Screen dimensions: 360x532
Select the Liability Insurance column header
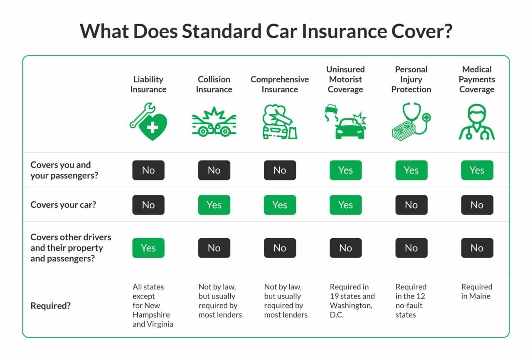(x=148, y=84)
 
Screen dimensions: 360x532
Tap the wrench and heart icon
(x=148, y=121)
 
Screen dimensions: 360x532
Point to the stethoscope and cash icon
(x=411, y=121)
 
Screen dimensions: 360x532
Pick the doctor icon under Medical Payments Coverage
(x=477, y=122)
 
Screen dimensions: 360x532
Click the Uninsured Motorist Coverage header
(x=345, y=79)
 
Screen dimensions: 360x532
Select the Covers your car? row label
(x=63, y=205)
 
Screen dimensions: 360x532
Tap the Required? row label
(x=51, y=306)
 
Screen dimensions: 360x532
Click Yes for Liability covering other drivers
(x=148, y=248)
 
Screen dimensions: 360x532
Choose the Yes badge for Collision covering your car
(x=214, y=205)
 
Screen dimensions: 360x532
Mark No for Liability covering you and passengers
(x=148, y=170)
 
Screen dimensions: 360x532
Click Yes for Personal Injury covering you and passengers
(x=411, y=170)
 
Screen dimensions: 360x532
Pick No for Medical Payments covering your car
(x=477, y=205)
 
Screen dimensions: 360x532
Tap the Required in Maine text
(x=476, y=291)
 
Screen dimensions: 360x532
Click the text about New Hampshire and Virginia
(x=152, y=306)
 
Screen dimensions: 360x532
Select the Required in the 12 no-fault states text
(x=411, y=301)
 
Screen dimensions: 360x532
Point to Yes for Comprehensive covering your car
(x=280, y=205)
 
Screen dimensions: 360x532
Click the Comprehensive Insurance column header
(x=280, y=84)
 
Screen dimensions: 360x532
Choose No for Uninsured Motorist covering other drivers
(x=345, y=248)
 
